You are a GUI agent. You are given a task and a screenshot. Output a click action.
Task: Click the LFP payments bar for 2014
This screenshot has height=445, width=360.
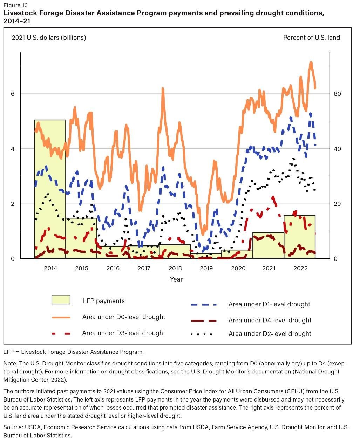coord(50,189)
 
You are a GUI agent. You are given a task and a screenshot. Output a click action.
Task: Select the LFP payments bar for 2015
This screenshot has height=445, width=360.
coord(81,238)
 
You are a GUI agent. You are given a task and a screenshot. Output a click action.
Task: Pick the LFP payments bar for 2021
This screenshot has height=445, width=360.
coord(269,245)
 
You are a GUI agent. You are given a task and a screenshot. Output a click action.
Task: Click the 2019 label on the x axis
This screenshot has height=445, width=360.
coord(206,268)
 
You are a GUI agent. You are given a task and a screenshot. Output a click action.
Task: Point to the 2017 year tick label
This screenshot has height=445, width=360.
coord(144,268)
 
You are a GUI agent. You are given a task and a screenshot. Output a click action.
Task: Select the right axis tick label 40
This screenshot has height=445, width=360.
coord(337,149)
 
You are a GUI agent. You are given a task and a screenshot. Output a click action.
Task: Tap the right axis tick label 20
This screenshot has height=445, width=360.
coord(337,204)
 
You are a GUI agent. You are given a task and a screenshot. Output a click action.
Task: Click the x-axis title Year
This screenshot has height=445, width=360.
coord(176,279)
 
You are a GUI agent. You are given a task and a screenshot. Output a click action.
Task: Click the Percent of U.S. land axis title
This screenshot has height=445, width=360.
coord(311,38)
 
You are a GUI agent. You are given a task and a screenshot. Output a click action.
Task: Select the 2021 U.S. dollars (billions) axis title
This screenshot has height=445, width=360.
coord(49,38)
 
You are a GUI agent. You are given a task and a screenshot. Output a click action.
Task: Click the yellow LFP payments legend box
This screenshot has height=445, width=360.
coord(61,299)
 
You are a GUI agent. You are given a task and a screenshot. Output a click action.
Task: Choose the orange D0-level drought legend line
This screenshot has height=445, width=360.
coord(61,317)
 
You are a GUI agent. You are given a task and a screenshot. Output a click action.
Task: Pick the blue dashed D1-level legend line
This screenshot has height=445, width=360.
coord(204,305)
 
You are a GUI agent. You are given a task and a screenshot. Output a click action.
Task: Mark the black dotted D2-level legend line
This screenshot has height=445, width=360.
coord(202,334)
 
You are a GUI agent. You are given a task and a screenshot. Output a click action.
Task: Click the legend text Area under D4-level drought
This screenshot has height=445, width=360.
coord(270,320)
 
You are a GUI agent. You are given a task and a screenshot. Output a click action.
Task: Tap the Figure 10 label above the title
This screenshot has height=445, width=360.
coord(15,5)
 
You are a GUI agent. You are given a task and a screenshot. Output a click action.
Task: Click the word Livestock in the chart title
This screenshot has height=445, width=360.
coord(20,13)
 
